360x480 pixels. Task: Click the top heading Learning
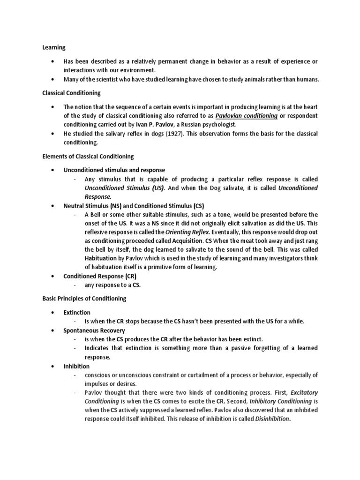click(x=54, y=47)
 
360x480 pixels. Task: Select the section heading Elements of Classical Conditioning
click(x=88, y=156)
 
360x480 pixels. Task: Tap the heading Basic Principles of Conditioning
click(x=84, y=298)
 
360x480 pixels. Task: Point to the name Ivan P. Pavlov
click(x=153, y=124)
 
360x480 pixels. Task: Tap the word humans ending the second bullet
click(x=307, y=79)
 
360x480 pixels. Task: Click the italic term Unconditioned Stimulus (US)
click(x=125, y=188)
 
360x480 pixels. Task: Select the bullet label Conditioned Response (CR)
click(x=99, y=276)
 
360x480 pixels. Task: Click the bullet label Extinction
click(x=77, y=312)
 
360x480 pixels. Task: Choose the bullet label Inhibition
click(x=76, y=366)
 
